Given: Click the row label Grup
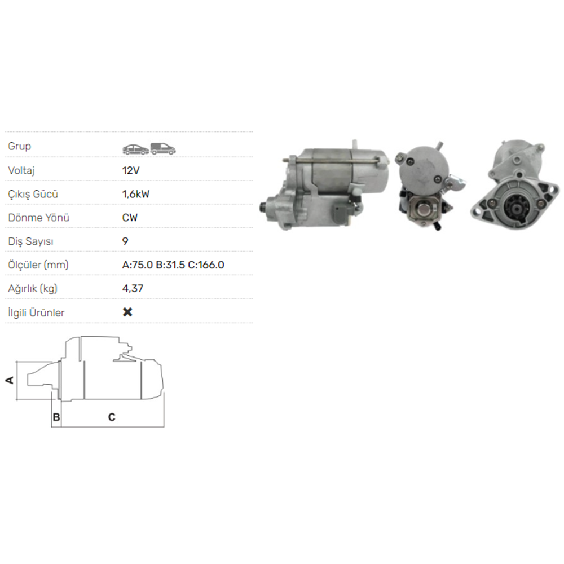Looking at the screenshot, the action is pos(19,146).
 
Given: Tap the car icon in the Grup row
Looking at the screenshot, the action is pos(136,149).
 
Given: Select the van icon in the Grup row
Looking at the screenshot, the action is pos(163,148).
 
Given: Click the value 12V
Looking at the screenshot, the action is pos(131,170).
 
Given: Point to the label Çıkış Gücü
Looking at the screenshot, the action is pos(33,194).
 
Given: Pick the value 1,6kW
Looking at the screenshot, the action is pos(136,194).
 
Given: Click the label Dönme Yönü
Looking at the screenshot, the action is pos(38,218).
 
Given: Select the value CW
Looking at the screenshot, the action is pos(130,218).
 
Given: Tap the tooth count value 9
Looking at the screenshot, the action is pos(125,241).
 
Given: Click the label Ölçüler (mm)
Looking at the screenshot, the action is pos(38,265).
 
